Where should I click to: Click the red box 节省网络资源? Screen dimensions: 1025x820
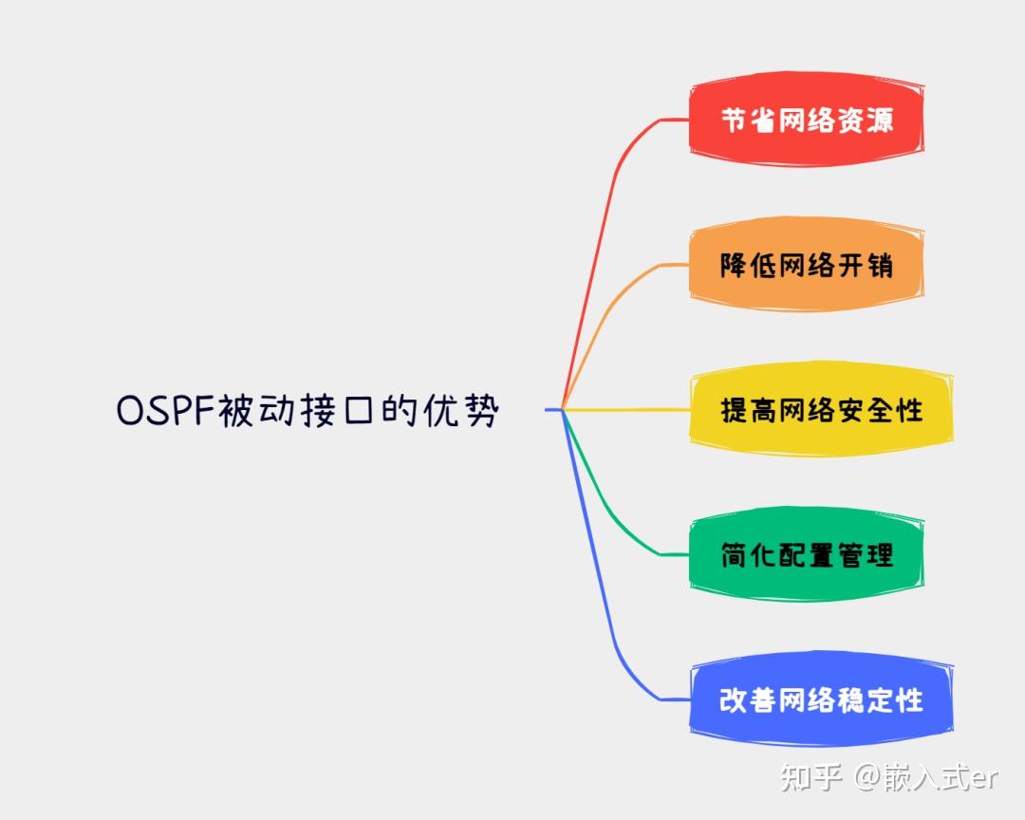pos(807,120)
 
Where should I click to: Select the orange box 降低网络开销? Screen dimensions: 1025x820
pos(807,265)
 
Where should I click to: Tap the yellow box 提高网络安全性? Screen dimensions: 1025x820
pos(822,410)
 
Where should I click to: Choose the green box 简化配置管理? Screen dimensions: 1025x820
pos(807,555)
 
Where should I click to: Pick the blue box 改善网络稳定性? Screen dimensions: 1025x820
pos(822,699)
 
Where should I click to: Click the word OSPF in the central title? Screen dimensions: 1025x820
pos(166,411)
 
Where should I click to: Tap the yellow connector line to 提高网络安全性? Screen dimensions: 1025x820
pos(626,410)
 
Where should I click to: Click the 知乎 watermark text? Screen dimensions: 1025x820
pos(811,777)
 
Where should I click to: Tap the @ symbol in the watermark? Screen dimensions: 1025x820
pos(867,777)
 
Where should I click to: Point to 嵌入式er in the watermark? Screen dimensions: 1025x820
pos(941,777)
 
